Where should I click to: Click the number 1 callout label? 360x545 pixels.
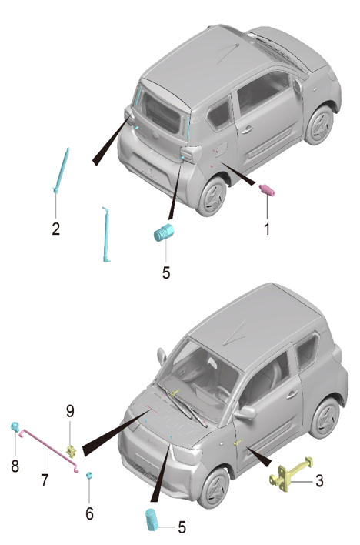click(267, 228)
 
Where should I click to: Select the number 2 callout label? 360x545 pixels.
click(55, 228)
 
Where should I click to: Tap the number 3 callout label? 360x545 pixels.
click(320, 483)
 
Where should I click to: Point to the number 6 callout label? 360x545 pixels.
click(89, 513)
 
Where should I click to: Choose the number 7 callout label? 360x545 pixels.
click(45, 480)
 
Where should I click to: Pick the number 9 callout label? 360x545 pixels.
click(70, 412)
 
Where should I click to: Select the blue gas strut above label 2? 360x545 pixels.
click(62, 169)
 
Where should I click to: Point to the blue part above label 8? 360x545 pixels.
click(14, 427)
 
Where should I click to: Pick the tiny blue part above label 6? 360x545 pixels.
click(89, 476)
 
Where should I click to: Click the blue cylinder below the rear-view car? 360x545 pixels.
click(165, 232)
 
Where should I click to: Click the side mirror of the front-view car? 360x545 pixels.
click(246, 413)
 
